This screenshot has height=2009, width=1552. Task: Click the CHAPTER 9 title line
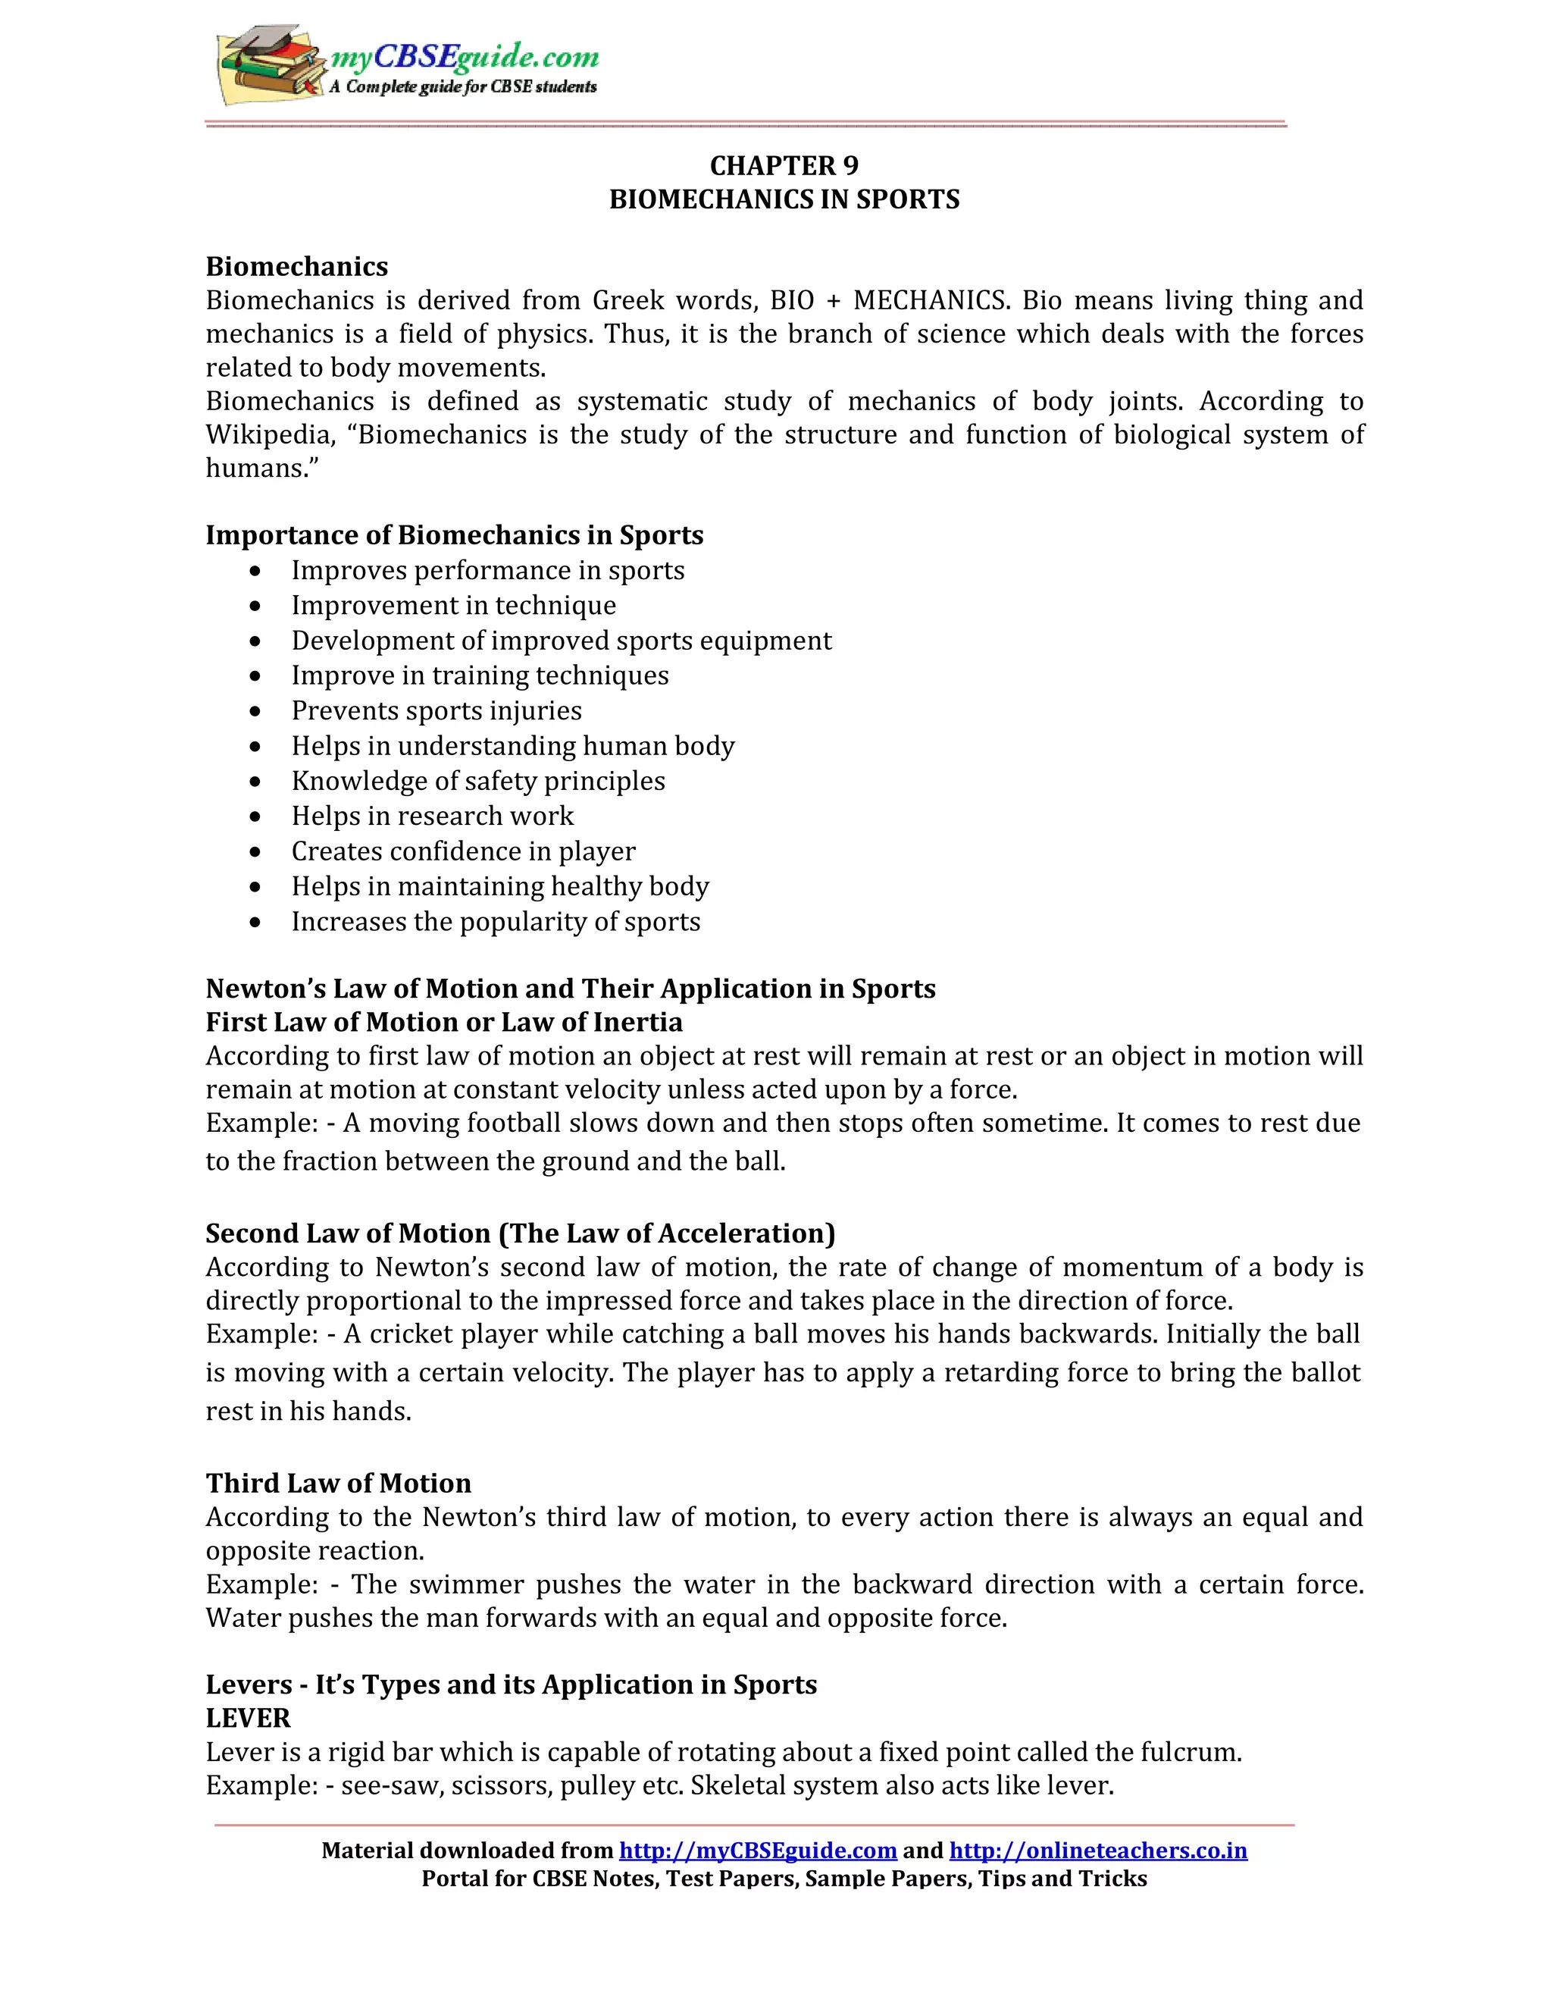pos(784,165)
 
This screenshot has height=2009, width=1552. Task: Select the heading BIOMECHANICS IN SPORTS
pos(784,199)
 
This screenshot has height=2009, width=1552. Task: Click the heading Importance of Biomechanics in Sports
pos(454,535)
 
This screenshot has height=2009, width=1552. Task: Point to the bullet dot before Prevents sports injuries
pos(255,711)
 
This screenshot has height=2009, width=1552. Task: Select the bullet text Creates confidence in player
pos(462,852)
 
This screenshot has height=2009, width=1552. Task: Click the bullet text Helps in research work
pos(432,816)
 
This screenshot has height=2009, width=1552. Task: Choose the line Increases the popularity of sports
pos(496,922)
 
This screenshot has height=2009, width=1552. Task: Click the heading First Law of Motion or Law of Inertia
pos(444,1022)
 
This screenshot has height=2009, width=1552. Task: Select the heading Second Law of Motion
pos(519,1233)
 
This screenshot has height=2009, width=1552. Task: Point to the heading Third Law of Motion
pos(338,1484)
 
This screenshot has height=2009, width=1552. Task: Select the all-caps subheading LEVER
pos(249,1719)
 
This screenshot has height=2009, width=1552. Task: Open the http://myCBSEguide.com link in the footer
pos(758,1851)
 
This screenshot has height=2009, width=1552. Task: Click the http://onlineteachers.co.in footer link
pos(1098,1851)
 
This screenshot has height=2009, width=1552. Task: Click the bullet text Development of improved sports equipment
pos(561,641)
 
